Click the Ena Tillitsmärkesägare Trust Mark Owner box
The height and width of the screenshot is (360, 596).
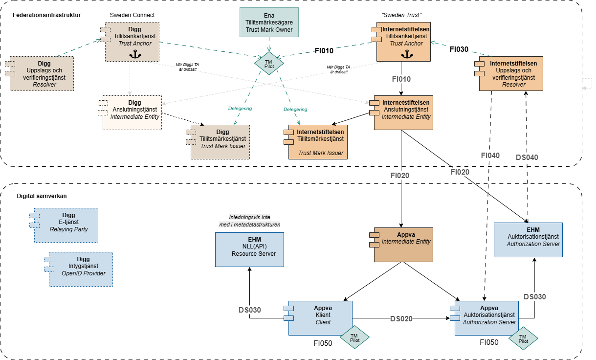click(x=268, y=22)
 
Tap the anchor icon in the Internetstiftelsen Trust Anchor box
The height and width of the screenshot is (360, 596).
click(x=404, y=55)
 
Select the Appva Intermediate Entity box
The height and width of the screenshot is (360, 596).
click(x=403, y=245)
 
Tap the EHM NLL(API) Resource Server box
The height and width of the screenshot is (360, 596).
click(x=249, y=249)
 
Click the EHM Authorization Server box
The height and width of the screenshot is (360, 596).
click(x=528, y=240)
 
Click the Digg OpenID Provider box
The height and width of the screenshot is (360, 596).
click(x=81, y=269)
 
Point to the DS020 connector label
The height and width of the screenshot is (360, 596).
click(x=401, y=319)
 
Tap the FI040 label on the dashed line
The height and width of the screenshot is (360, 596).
click(x=490, y=156)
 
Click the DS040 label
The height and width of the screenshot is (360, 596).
click(x=527, y=158)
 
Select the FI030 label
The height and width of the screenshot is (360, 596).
click(x=459, y=49)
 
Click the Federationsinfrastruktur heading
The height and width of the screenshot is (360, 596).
click(x=47, y=15)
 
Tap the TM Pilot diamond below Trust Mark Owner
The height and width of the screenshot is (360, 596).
click(x=268, y=63)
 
